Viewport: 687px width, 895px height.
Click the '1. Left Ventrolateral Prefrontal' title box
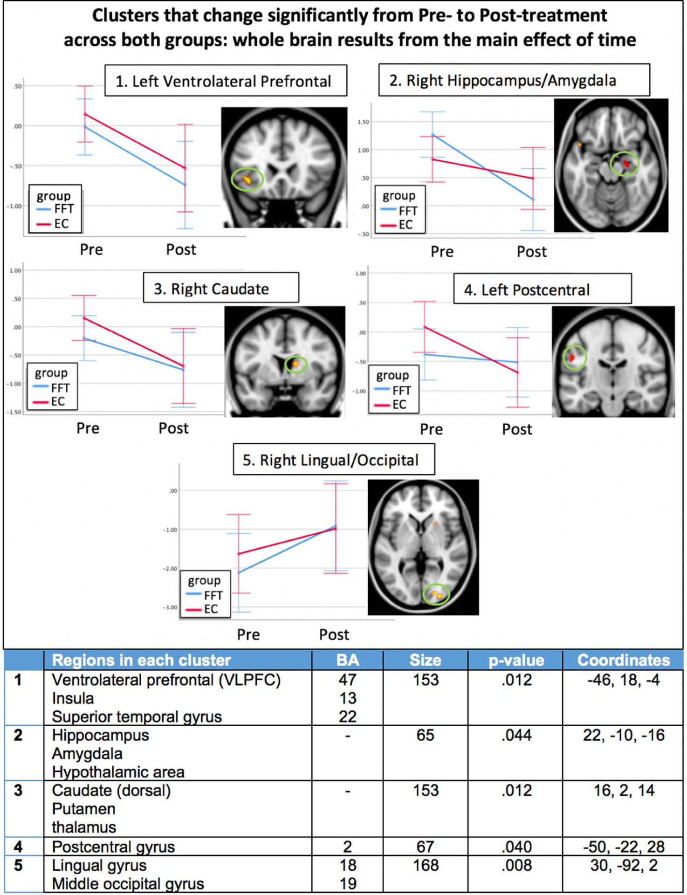[226, 81]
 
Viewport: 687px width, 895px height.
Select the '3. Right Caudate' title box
[220, 289]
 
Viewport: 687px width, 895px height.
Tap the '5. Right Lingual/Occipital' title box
[334, 460]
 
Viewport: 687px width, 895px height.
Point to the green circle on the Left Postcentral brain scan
[574, 358]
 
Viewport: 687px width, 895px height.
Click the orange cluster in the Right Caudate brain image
[295, 364]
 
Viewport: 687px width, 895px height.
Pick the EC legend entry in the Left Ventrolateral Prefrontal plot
[55, 224]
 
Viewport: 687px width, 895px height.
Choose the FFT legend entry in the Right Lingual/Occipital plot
[205, 595]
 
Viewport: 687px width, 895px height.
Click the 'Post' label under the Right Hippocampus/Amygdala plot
[531, 252]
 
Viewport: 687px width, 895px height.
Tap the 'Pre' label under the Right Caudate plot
[88, 428]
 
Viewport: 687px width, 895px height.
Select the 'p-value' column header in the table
[516, 660]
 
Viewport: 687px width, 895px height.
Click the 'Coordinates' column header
[623, 660]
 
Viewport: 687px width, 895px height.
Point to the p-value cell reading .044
[516, 735]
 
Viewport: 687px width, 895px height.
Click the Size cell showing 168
[425, 865]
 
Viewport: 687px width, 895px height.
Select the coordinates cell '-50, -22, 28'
[624, 847]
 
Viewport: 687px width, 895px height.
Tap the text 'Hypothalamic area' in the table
[118, 772]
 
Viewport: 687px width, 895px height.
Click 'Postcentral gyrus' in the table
[113, 847]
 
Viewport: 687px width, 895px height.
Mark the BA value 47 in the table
[348, 680]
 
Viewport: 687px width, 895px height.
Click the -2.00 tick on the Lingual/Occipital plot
[169, 569]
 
